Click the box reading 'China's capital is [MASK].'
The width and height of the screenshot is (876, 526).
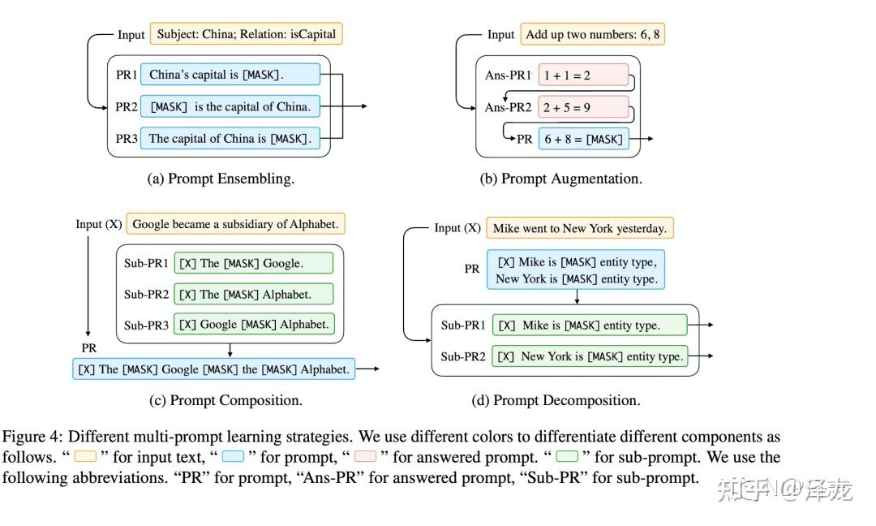click(x=230, y=75)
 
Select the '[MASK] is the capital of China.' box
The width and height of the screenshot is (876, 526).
click(x=230, y=107)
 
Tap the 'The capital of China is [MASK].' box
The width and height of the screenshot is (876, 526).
click(x=230, y=139)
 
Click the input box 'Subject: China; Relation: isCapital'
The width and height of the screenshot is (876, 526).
click(x=247, y=35)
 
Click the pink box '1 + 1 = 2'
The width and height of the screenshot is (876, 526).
click(x=583, y=75)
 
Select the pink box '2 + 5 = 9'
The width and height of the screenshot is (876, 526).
click(x=583, y=107)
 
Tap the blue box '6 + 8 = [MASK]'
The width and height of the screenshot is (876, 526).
click(x=583, y=139)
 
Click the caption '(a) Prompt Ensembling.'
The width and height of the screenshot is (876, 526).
click(x=221, y=179)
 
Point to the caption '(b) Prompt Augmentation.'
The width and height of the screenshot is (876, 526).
click(x=560, y=179)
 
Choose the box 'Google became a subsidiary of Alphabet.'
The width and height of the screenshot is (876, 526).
click(x=235, y=224)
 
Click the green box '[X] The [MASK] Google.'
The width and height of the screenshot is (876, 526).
click(x=253, y=263)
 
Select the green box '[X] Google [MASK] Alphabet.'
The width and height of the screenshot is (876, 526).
click(x=253, y=325)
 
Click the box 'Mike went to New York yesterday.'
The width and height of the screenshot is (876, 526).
click(x=579, y=228)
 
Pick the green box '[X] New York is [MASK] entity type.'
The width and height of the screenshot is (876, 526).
click(x=590, y=356)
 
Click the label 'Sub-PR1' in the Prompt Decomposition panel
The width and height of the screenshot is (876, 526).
click(x=463, y=326)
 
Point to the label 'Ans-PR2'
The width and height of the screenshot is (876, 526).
click(x=507, y=107)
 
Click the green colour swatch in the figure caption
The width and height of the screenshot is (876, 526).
click(x=567, y=457)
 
